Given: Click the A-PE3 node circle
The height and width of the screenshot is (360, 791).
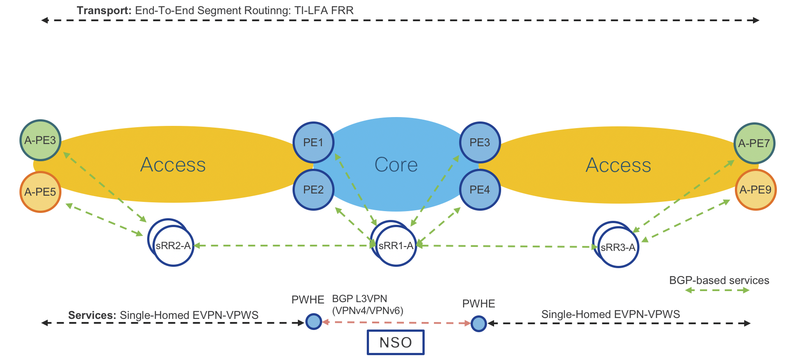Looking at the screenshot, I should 40,140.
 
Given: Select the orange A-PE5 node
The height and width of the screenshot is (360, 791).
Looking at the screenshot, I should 40,192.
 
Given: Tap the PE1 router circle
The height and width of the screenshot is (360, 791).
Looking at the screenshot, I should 313,142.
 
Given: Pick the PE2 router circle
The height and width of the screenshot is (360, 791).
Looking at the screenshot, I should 313,189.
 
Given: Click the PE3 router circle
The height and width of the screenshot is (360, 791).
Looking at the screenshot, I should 480,142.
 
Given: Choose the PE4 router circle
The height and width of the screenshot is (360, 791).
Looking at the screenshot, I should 480,189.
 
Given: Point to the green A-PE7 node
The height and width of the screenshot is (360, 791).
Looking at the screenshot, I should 754,143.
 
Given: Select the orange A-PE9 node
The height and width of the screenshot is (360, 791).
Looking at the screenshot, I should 756,189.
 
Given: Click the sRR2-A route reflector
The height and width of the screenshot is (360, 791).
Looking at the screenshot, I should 173,246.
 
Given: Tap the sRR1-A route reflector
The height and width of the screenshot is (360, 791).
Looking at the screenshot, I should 396,246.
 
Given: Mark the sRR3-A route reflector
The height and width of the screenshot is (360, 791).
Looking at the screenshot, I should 618,247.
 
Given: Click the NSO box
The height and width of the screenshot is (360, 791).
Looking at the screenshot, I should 395,342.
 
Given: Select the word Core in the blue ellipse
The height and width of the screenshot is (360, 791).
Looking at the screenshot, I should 396,165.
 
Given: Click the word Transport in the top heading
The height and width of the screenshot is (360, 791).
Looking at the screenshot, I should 104,11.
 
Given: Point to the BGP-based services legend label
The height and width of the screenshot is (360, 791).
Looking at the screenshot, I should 719,280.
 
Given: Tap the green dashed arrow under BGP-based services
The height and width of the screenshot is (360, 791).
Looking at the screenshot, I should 717,290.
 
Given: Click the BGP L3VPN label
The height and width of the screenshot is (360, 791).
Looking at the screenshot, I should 359,299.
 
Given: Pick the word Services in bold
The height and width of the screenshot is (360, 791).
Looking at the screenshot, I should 92,315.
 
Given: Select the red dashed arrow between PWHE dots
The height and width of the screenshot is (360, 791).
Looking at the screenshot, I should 396,322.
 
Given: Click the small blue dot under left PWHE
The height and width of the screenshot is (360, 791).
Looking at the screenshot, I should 314,321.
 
